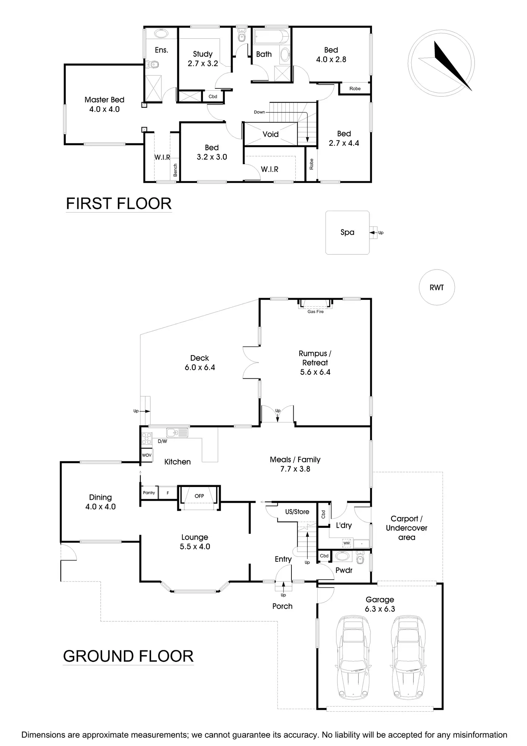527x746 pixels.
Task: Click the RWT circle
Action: tap(436, 287)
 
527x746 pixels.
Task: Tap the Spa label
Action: tap(347, 232)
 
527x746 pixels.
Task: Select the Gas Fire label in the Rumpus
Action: tap(315, 312)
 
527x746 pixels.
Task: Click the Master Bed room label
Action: tap(104, 100)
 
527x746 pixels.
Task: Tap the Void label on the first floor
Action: tap(270, 134)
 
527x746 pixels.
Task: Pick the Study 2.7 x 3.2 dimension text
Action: tap(203, 64)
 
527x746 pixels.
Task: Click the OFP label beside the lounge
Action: tap(199, 496)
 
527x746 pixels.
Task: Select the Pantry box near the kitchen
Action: tap(149, 493)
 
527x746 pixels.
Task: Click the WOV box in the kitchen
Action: tap(147, 455)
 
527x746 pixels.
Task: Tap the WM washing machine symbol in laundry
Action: tap(346, 543)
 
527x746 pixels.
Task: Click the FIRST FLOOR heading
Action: tap(119, 204)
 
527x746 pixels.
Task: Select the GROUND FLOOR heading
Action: tap(128, 656)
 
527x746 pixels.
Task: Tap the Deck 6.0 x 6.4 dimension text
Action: tap(200, 367)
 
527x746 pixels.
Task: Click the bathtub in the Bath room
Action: tap(271, 36)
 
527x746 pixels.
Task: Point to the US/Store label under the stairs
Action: tap(297, 512)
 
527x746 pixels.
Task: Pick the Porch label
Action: tap(282, 606)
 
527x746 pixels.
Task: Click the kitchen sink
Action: tap(178, 433)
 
